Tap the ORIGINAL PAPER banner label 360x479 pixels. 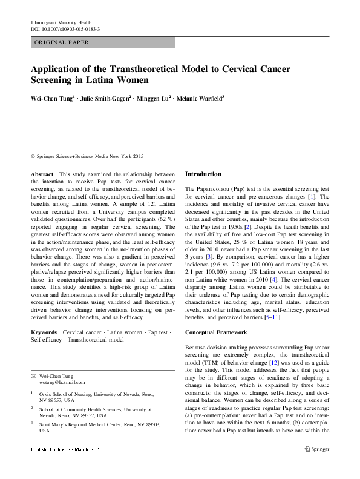61,43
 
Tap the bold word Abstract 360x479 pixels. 42,174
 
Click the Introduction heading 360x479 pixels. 203,174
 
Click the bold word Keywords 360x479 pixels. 44,332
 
